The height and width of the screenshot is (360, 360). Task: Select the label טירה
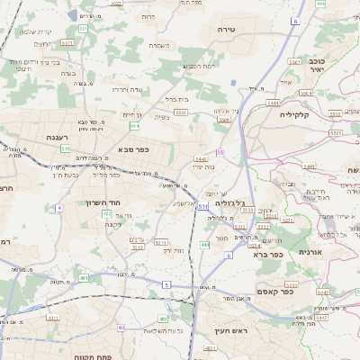tap(227, 30)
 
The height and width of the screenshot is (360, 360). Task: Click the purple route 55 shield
tap(219, 153)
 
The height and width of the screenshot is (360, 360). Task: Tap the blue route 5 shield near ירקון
tap(166, 284)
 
